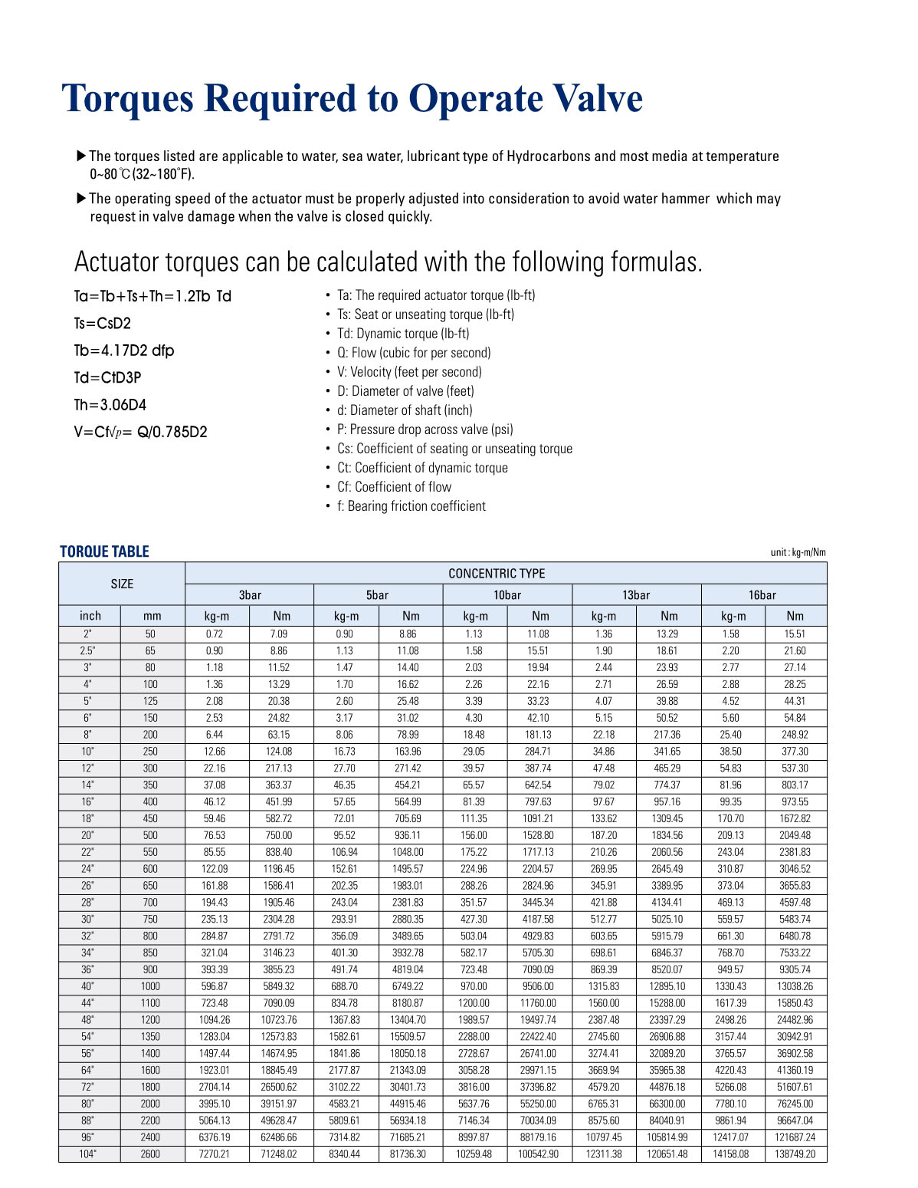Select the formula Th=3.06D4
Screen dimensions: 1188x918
click(x=110, y=404)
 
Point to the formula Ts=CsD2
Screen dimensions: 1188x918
click(x=103, y=323)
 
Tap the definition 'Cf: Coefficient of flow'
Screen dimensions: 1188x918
click(x=394, y=487)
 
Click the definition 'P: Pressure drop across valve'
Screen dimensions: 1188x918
click(x=425, y=429)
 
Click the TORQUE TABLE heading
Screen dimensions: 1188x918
click(x=104, y=551)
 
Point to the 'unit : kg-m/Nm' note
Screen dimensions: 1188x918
click(x=798, y=552)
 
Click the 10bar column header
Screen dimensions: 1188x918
click(x=507, y=594)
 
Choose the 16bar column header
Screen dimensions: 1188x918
click(x=762, y=594)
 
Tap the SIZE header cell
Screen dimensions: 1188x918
click(x=122, y=584)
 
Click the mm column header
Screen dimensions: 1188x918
click(x=152, y=616)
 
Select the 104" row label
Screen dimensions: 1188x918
click(x=88, y=1153)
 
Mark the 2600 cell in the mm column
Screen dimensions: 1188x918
click(x=150, y=1153)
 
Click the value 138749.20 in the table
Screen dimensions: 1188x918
click(x=795, y=1153)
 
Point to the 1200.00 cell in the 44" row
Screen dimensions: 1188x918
click(x=474, y=1002)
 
